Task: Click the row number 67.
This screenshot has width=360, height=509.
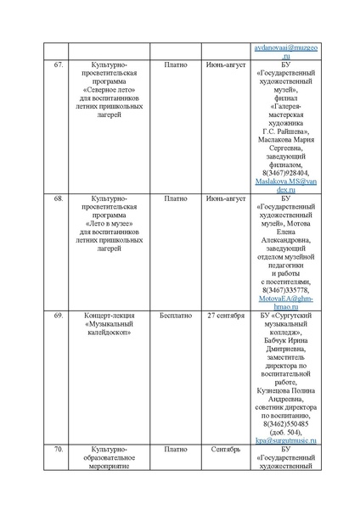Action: (58, 64)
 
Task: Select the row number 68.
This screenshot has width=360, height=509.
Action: (58, 198)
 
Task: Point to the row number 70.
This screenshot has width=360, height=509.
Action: (58, 449)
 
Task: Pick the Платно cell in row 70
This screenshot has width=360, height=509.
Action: (176, 449)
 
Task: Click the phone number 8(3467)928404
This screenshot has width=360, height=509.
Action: (284, 172)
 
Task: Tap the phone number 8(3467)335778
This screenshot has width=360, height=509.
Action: (284, 289)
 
